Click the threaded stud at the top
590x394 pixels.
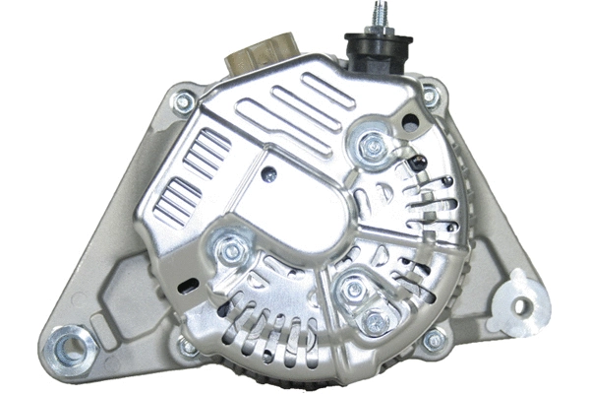(376, 20)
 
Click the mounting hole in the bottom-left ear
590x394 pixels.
(73, 345)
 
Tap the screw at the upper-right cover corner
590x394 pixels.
(430, 97)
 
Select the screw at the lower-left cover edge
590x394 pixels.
(187, 346)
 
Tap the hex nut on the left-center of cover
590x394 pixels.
(231, 251)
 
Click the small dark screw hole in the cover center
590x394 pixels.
(269, 173)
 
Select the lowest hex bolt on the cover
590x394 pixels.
(374, 323)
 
